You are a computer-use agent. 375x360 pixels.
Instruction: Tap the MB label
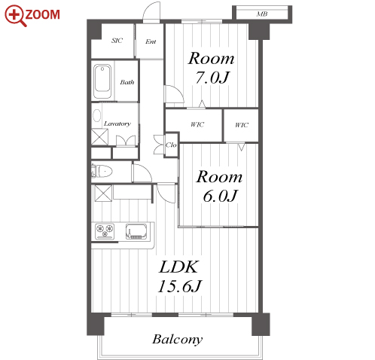[x=262, y=14]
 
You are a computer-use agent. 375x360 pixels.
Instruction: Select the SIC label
[x=117, y=41]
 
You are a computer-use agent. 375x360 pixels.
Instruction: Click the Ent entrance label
[x=151, y=41]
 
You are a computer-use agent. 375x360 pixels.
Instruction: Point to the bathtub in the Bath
[x=102, y=81]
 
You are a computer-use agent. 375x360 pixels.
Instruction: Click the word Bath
[x=127, y=82]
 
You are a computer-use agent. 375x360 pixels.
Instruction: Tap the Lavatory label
[x=117, y=124]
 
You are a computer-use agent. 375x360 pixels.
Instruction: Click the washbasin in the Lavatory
[x=96, y=116]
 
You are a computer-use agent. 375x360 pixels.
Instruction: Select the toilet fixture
[x=102, y=171]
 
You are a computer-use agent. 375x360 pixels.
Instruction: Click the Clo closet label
[x=171, y=145]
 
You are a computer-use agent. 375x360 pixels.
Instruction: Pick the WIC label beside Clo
[x=197, y=124]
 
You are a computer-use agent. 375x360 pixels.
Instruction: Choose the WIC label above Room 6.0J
[x=242, y=125]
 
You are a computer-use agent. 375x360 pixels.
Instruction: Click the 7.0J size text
[x=212, y=77]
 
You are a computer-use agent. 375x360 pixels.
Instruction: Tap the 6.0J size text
[x=220, y=196]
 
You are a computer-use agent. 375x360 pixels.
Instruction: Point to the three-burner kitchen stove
[x=105, y=231]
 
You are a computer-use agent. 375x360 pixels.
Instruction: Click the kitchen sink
[x=136, y=231]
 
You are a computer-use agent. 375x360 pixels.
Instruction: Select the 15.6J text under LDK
[x=180, y=285]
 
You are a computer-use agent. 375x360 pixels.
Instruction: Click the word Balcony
[x=178, y=340]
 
